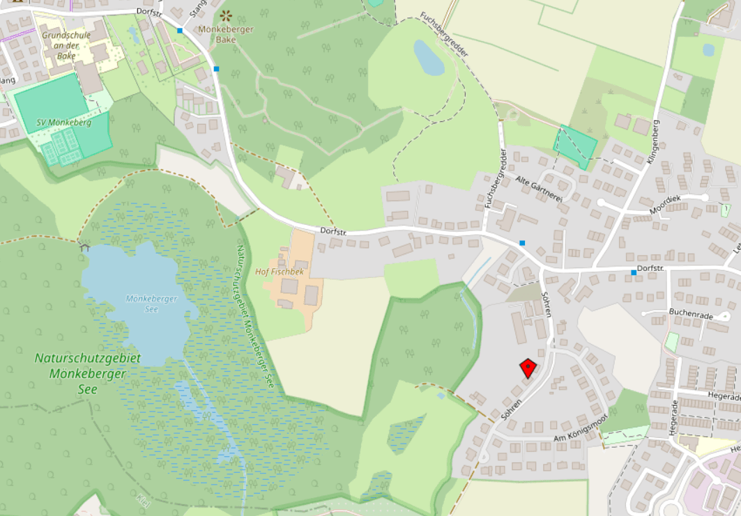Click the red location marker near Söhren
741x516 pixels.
pos(528,367)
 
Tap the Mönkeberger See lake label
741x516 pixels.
pos(152,303)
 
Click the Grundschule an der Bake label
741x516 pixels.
pos(68,45)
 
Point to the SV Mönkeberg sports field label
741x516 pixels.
pos(64,122)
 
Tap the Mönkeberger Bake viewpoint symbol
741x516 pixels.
pos(225,15)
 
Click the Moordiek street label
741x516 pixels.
pos(664,203)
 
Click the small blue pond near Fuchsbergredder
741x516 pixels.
pos(428,57)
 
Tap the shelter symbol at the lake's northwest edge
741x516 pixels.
pos(84,247)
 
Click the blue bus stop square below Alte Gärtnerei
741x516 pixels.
pos(522,242)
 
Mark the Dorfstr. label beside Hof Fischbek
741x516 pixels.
pos(333,230)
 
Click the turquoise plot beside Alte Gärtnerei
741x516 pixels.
pos(576,147)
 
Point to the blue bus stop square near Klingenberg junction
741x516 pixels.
pos(634,272)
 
